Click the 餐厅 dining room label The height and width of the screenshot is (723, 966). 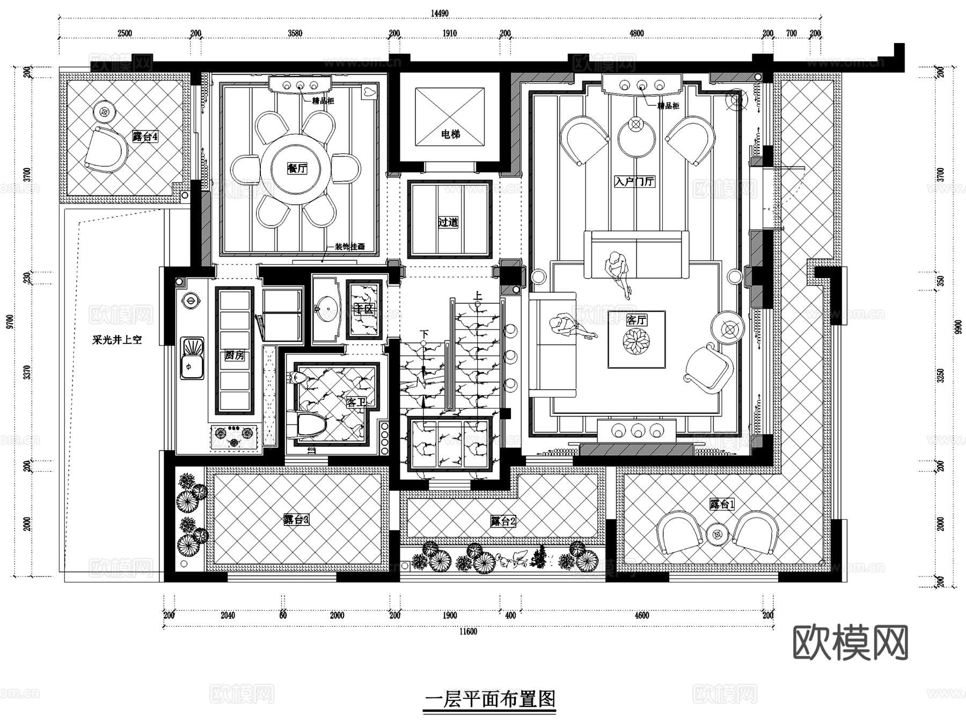point(297,169)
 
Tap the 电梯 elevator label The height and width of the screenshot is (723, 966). point(450,134)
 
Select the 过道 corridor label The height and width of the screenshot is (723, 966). point(448,222)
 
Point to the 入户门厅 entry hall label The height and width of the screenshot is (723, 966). point(634,181)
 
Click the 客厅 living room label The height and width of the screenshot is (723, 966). point(636,320)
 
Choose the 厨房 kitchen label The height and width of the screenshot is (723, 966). point(235,355)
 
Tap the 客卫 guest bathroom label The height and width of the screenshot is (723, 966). point(356,401)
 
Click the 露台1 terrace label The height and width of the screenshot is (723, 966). point(722,504)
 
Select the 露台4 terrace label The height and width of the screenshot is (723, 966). point(145,137)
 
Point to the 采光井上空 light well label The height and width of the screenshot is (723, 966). point(117,340)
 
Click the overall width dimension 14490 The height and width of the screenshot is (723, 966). point(440,13)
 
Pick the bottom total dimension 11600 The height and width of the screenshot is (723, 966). point(468,632)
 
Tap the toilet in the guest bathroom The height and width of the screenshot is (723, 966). point(311,427)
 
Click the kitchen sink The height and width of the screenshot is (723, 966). point(192,358)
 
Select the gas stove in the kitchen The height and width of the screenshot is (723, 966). point(234,436)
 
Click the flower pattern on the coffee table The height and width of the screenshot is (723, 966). point(636,340)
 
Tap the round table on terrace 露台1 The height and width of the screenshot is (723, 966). point(716,534)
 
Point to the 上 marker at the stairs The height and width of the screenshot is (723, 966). point(477,295)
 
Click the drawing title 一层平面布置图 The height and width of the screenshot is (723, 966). point(489,699)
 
